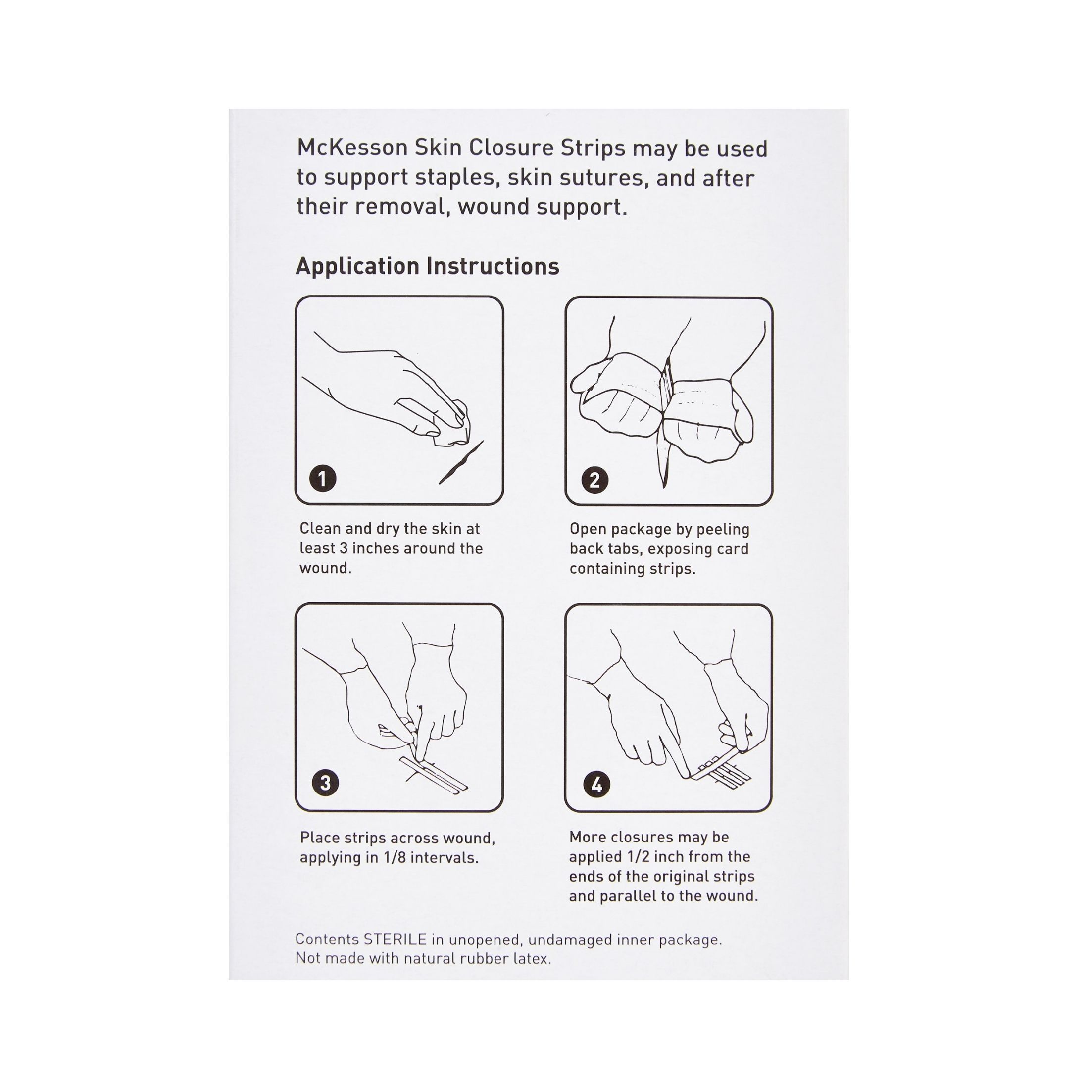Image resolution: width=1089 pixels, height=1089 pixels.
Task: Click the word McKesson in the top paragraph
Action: [x=352, y=148]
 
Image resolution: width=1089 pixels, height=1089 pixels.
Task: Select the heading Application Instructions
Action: [x=427, y=267]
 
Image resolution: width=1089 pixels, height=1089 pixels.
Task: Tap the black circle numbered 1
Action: [x=323, y=479]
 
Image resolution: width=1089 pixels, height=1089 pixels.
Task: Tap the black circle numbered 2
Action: [x=594, y=480]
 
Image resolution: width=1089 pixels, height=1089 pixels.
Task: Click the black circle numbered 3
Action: [x=325, y=783]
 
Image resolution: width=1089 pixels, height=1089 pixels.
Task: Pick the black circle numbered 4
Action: [x=596, y=785]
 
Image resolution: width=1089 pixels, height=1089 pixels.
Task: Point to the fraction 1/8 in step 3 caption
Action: [x=394, y=857]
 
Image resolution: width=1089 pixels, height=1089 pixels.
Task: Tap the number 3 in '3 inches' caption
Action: [x=343, y=548]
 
